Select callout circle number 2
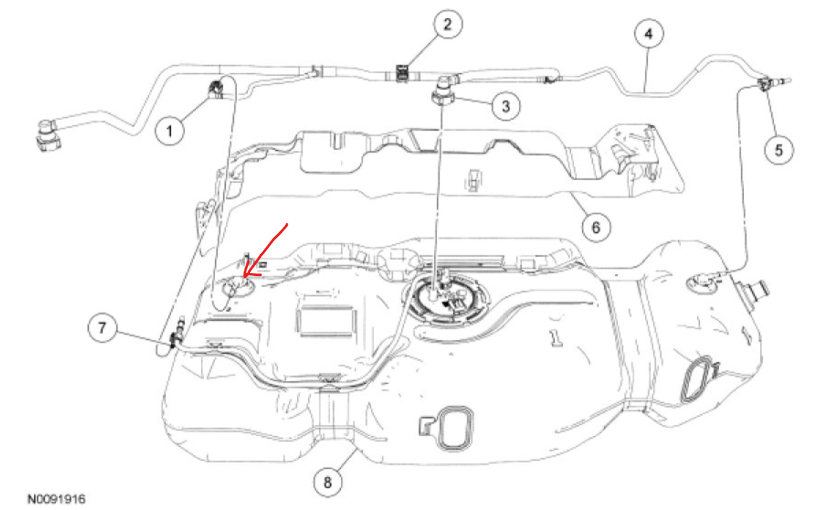click(x=448, y=25)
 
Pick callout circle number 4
click(x=649, y=34)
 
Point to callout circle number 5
click(x=779, y=150)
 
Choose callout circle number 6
click(x=595, y=227)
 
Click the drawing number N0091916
click(x=56, y=499)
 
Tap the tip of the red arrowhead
click(x=245, y=276)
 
